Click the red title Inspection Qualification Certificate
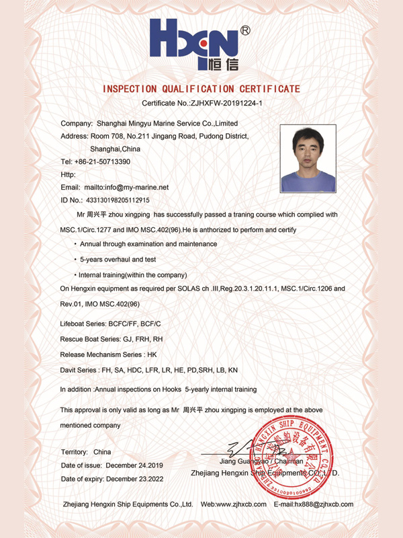[x=201, y=89]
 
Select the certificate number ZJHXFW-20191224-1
[x=221, y=104]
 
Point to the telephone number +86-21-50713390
[x=105, y=162]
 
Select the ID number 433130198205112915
[x=118, y=200]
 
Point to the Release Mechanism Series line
[x=108, y=354]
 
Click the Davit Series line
[x=148, y=370]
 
